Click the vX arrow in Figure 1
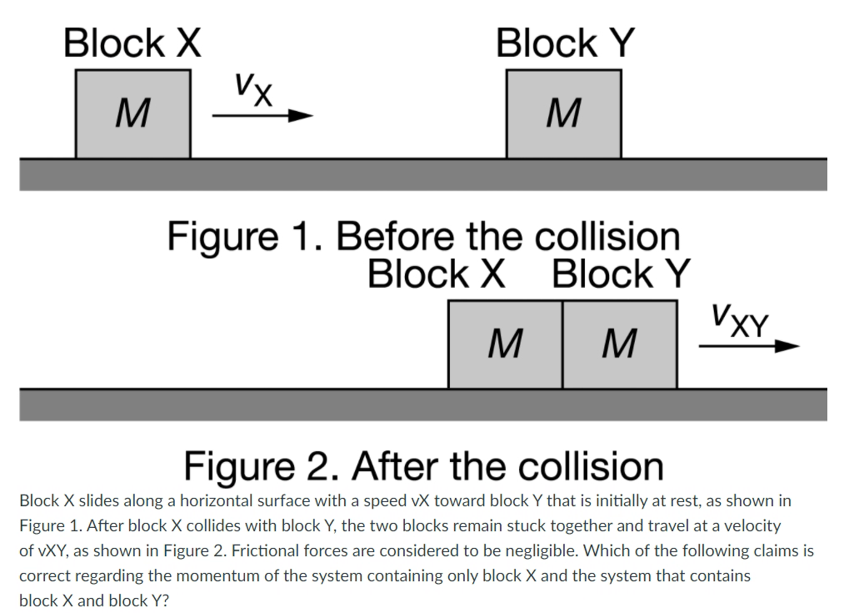pyautogui.click(x=262, y=118)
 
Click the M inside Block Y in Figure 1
pyautogui.click(x=563, y=113)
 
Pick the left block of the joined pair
pyautogui.click(x=505, y=344)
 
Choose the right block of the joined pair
pyautogui.click(x=619, y=344)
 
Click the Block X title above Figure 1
pyautogui.click(x=132, y=43)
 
